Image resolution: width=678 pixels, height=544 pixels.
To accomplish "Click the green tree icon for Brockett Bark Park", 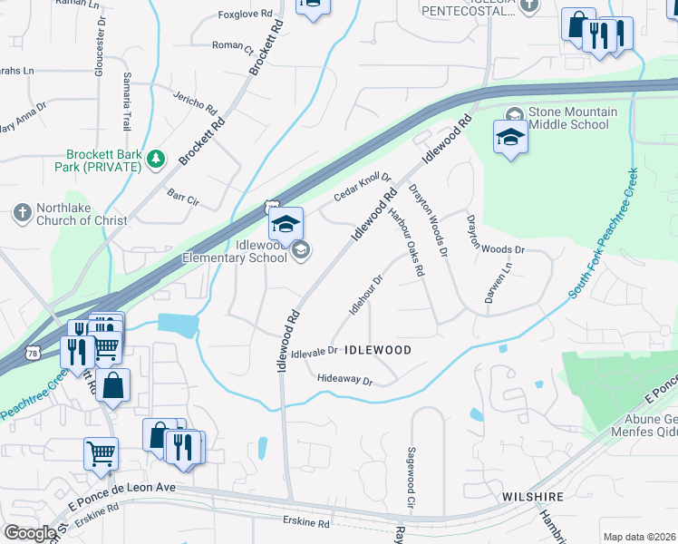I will pyautogui.click(x=158, y=160).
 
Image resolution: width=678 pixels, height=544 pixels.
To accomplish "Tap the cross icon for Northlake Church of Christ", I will pyautogui.click(x=22, y=213).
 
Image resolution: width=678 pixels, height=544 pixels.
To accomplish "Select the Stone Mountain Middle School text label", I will pyautogui.click(x=573, y=118).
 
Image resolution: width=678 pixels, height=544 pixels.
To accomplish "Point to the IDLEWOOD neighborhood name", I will pyautogui.click(x=379, y=349).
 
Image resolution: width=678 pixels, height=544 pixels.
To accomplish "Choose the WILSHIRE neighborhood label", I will pyautogui.click(x=534, y=497).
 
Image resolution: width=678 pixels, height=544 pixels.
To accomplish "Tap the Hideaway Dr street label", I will pyautogui.click(x=345, y=381).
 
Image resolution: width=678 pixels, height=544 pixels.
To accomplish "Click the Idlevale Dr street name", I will pyautogui.click(x=315, y=351).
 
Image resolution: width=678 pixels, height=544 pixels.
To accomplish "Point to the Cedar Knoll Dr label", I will pyautogui.click(x=362, y=186).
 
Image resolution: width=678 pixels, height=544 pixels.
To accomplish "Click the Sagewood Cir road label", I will pyautogui.click(x=411, y=475).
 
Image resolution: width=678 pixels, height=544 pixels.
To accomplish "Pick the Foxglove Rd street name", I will pyautogui.click(x=246, y=15).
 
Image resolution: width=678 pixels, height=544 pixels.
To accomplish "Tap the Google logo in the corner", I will pyautogui.click(x=29, y=533).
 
